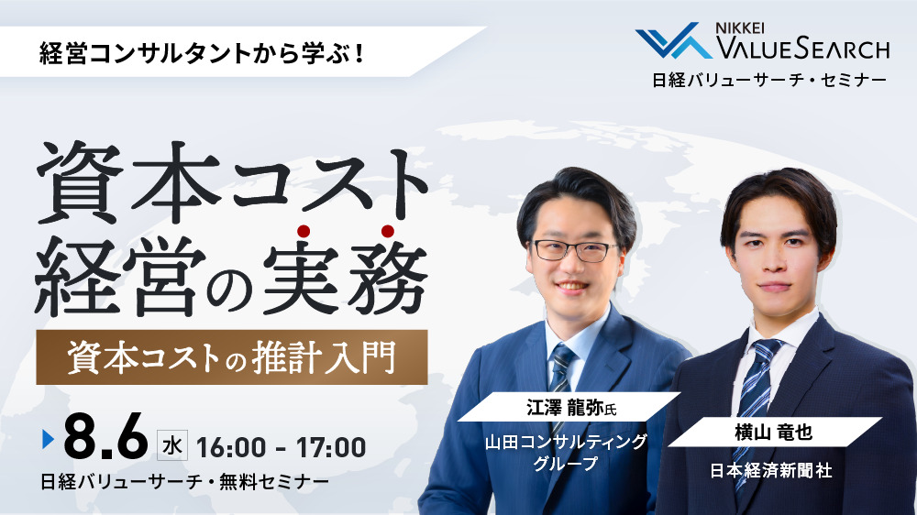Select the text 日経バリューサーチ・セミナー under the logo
(768, 80)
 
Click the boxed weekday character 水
(171, 446)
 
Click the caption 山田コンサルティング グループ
(566, 452)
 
